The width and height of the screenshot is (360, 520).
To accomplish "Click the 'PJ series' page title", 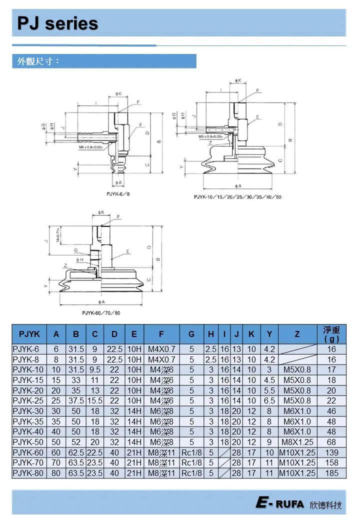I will [x=58, y=23].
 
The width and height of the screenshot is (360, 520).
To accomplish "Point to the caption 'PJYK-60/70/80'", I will [x=101, y=312].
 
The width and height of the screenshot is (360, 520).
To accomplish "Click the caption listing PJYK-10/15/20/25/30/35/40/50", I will [x=237, y=197].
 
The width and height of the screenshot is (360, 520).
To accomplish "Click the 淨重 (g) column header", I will [x=331, y=334].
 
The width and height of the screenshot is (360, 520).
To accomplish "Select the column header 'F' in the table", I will [x=161, y=334].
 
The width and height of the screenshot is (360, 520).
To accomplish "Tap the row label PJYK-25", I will [x=29, y=401].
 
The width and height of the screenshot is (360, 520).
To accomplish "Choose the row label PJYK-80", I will [x=29, y=473].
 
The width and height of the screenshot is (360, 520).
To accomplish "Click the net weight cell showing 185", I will [x=331, y=473].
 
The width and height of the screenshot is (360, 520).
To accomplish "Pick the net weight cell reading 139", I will [x=331, y=452].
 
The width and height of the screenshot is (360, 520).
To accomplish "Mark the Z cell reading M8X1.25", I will [x=297, y=442].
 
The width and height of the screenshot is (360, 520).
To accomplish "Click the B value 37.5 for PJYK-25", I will [x=76, y=401].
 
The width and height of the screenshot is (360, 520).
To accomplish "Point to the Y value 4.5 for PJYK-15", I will [x=269, y=380].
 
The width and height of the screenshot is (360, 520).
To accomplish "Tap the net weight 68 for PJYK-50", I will [x=331, y=442].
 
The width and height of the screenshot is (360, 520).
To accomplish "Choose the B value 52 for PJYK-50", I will [x=76, y=442].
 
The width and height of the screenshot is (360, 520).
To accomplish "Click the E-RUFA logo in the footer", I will [x=280, y=504].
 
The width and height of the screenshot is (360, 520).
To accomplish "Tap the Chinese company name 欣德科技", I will [x=326, y=505].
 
